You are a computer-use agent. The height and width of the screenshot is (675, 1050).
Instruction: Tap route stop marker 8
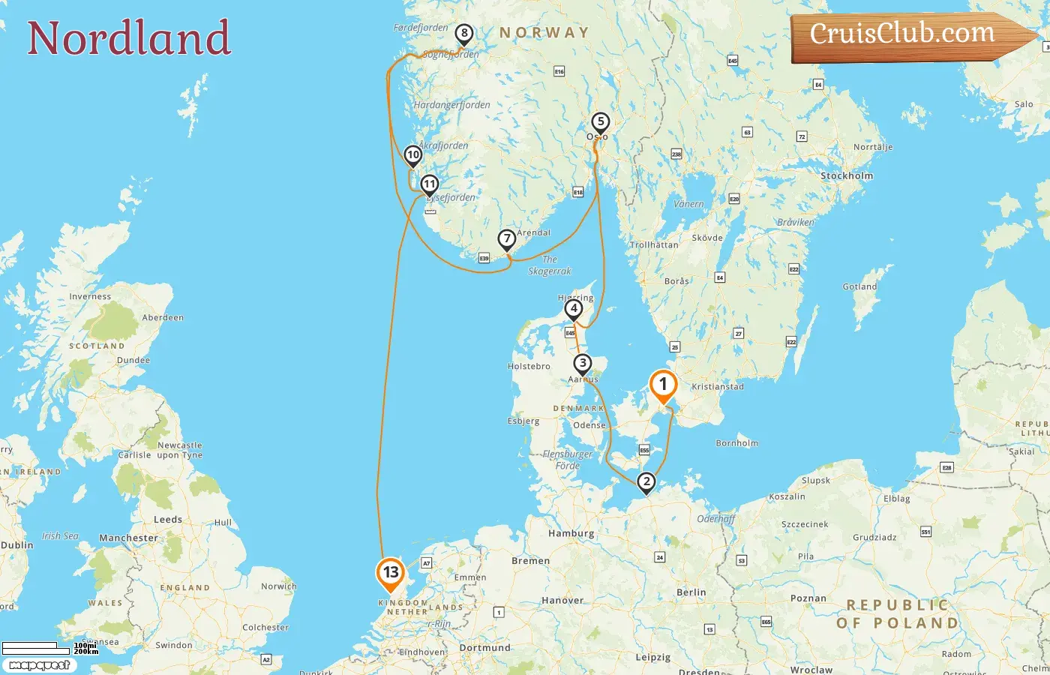coord(464,34)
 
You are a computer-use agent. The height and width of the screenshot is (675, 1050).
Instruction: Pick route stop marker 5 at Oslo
coord(600,122)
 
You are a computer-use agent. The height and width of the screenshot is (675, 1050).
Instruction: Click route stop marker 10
coord(412,155)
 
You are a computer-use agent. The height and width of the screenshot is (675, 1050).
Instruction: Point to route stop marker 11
coord(429,184)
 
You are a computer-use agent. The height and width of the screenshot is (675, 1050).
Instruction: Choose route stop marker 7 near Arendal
coord(507,239)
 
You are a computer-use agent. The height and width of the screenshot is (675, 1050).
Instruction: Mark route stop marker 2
coord(646,482)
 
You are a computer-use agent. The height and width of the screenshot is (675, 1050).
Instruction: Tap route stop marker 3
coord(582,364)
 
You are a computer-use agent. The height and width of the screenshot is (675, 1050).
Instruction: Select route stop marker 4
coord(574,308)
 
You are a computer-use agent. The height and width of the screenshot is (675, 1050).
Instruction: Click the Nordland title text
coord(129,38)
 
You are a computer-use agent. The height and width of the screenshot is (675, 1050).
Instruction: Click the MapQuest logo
coord(39,665)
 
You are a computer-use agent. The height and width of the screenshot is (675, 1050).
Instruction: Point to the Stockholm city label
coord(847,176)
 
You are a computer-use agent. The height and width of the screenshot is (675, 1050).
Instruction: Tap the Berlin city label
coord(691,592)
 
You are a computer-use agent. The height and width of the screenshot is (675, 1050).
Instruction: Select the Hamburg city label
coord(571,534)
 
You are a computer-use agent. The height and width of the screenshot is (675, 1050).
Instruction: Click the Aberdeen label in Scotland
coord(163,318)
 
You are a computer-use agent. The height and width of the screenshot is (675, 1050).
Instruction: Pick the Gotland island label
coord(859,287)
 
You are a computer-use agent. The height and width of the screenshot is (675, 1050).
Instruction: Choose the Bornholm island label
coord(736,443)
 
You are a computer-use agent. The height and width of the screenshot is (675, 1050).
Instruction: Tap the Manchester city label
coord(128,538)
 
